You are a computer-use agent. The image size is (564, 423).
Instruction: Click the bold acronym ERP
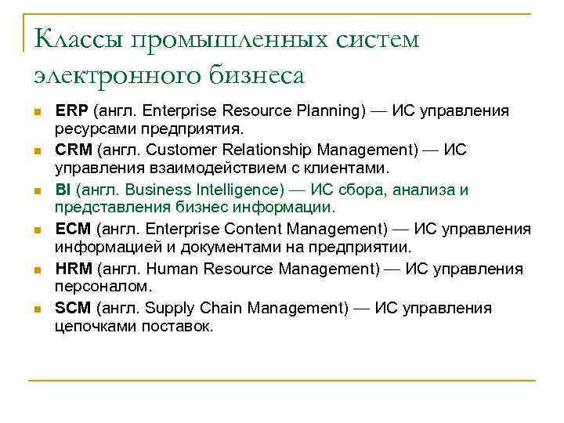coord(71,110)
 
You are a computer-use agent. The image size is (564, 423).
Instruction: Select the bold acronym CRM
coord(73,150)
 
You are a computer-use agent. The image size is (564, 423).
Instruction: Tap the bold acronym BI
coord(63,190)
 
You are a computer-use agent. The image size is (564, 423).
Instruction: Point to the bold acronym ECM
coord(73,230)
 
